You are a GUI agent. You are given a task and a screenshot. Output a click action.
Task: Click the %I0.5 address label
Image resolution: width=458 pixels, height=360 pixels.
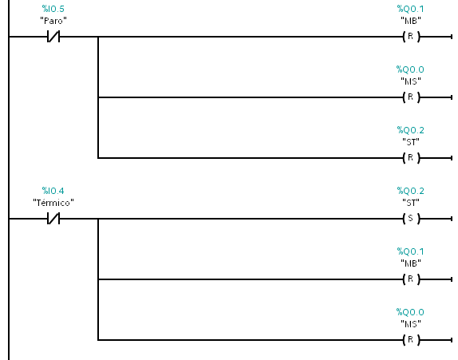(53, 9)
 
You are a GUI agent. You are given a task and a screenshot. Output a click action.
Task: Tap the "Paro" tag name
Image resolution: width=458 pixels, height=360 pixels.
(53, 21)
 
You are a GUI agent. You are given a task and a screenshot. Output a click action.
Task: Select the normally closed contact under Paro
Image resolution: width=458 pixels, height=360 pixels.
(53, 37)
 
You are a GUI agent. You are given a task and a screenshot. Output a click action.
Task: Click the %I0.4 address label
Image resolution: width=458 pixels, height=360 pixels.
(53, 191)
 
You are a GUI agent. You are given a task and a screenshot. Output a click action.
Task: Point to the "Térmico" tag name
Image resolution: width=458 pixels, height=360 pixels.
(53, 203)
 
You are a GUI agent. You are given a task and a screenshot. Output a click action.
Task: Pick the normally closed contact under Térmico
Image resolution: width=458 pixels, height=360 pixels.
(53, 219)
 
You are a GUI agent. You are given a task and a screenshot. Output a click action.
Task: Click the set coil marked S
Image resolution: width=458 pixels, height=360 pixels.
(411, 219)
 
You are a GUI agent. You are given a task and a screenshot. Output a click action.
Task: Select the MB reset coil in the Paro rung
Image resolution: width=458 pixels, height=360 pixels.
(411, 37)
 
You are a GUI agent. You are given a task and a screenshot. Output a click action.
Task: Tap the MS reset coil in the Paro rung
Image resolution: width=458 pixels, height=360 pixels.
(411, 97)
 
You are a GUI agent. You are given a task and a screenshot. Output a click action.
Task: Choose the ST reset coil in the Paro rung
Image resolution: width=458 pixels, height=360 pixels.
(411, 158)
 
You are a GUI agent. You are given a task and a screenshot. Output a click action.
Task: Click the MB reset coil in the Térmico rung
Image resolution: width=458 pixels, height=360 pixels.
(411, 279)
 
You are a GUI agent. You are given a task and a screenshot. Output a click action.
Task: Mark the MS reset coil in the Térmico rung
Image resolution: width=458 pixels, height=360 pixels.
(411, 340)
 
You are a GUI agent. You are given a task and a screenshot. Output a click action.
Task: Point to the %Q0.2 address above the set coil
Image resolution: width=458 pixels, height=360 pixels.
(410, 191)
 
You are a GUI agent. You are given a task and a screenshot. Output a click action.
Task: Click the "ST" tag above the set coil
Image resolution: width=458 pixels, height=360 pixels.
(411, 203)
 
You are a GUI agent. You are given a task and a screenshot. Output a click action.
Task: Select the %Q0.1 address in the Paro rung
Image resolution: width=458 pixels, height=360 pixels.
(410, 9)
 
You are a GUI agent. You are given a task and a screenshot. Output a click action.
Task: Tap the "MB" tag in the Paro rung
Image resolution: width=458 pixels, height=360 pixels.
(411, 21)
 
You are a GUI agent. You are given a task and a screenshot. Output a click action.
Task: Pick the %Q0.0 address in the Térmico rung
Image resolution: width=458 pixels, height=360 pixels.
(410, 312)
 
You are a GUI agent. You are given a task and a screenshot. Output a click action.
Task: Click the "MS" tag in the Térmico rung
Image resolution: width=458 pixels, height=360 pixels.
(411, 324)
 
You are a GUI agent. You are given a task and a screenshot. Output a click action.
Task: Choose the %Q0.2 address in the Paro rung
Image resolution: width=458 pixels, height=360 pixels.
(410, 130)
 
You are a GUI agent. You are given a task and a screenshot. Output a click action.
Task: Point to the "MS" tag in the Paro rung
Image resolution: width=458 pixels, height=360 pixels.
(411, 81)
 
